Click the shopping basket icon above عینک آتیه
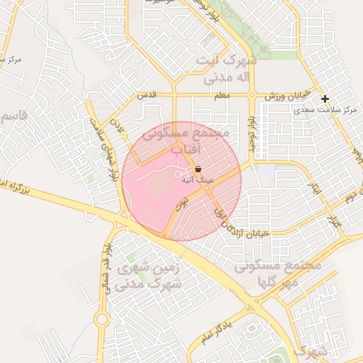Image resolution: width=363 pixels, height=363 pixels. (198, 169)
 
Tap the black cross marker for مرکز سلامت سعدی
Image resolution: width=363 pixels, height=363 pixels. (325, 99)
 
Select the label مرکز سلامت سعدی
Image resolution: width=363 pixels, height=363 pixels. (328, 110)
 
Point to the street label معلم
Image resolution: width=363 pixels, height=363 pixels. (221, 95)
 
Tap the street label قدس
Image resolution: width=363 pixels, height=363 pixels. (145, 95)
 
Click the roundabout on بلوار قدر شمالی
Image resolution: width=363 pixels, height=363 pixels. (101, 319)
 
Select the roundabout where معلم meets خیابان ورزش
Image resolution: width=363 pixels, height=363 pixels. (251, 95)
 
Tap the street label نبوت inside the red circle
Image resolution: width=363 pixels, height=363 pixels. (181, 206)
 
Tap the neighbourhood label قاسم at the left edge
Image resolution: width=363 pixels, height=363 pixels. (13, 115)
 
